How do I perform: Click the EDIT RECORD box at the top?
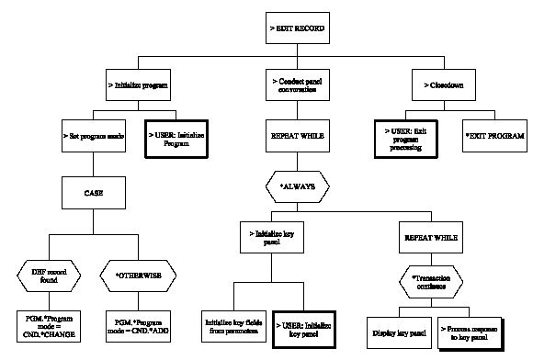click(297, 29)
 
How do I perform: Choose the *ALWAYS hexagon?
click(297, 186)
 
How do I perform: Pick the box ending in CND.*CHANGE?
click(48, 322)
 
